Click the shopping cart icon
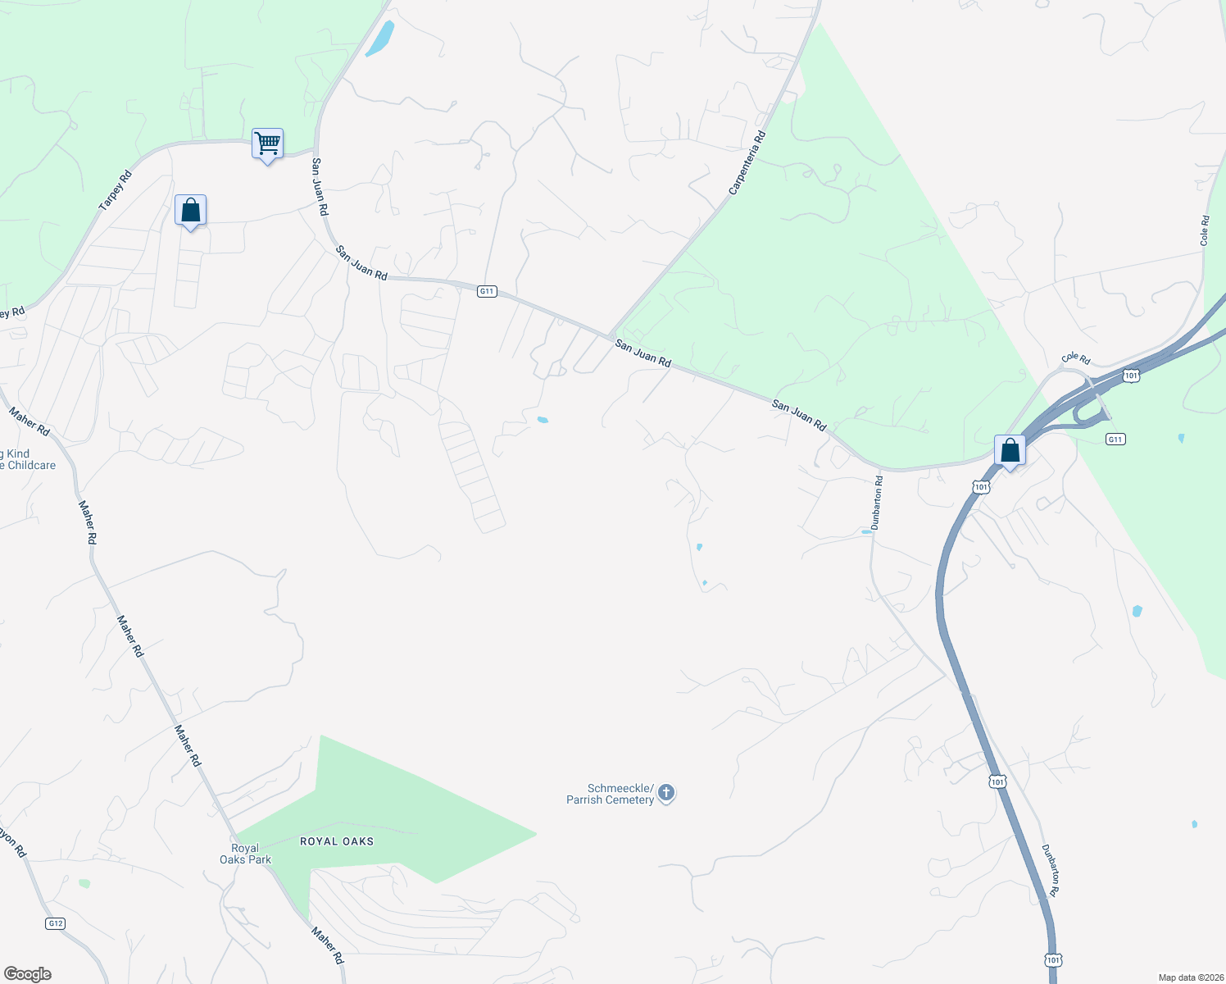coord(267,143)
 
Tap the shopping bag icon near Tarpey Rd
coord(190,211)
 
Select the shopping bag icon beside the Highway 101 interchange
coord(1010,450)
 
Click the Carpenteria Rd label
coord(747,163)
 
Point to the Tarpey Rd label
coord(116,191)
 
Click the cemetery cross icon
coord(667,793)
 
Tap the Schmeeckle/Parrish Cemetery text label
coord(611,794)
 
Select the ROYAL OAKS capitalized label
coord(337,841)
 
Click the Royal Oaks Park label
coord(244,854)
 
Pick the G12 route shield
coord(55,923)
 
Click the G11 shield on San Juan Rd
coord(487,291)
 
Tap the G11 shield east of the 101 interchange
coord(1115,439)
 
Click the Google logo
coord(28,974)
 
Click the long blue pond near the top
coord(380,39)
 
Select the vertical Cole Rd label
coord(1205,230)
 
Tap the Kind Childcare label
coord(28,459)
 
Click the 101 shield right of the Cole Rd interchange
coord(1131,376)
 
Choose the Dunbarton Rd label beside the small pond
coord(877,503)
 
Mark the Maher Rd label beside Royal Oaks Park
coord(327,945)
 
